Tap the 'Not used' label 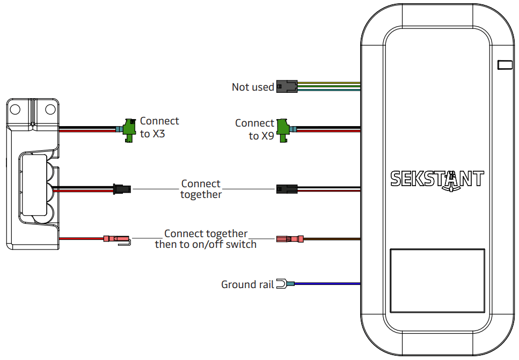click(x=253, y=87)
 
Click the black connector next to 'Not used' click(x=286, y=86)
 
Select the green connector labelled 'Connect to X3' click(x=129, y=129)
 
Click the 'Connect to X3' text click(x=159, y=128)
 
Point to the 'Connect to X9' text click(x=255, y=129)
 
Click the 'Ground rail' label click(x=247, y=284)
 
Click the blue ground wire click(x=327, y=284)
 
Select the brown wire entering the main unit click(x=333, y=239)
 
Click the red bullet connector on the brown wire click(x=289, y=239)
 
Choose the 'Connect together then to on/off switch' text click(x=206, y=239)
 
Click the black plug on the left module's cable click(x=121, y=188)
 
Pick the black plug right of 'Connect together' click(x=286, y=189)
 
